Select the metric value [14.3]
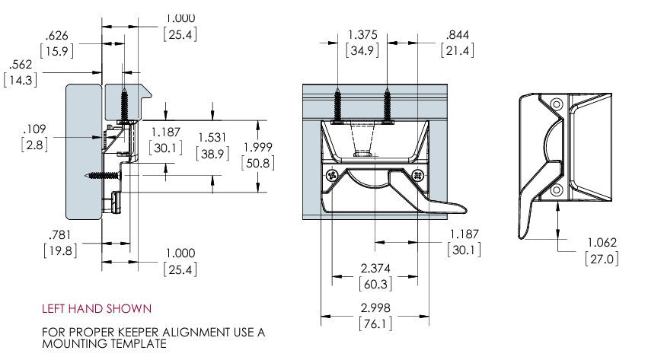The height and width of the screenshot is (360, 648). pos(21,78)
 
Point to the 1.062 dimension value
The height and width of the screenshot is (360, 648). pos(601,243)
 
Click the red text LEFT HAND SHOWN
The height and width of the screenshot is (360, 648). pos(97,309)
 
